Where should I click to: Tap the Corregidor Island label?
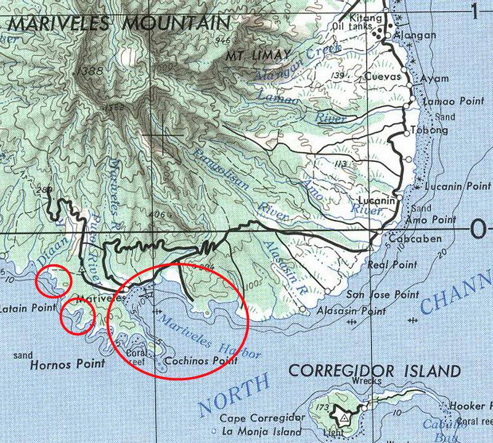pyautogui.click(x=375, y=371)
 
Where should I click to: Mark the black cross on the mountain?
pyautogui.click(x=162, y=133)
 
